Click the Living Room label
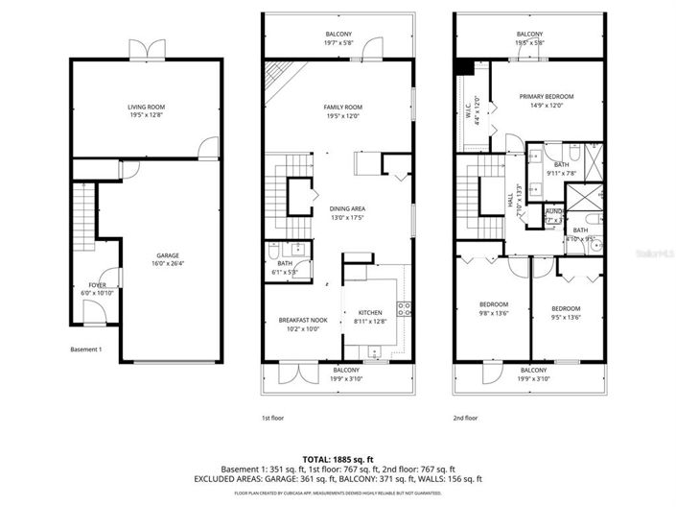tap(148, 108)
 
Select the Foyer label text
tap(97, 285)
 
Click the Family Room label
tap(343, 108)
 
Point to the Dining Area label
tap(347, 208)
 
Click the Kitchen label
tap(370, 313)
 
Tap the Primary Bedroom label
tap(545, 97)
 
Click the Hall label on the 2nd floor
tap(509, 200)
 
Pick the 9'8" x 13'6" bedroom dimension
tap(493, 312)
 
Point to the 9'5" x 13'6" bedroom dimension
tap(566, 312)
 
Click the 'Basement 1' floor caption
tap(86, 350)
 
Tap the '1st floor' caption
tap(272, 419)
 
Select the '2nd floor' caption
tap(464, 419)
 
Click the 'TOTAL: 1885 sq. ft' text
tap(338, 458)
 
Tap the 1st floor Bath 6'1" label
tap(285, 268)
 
